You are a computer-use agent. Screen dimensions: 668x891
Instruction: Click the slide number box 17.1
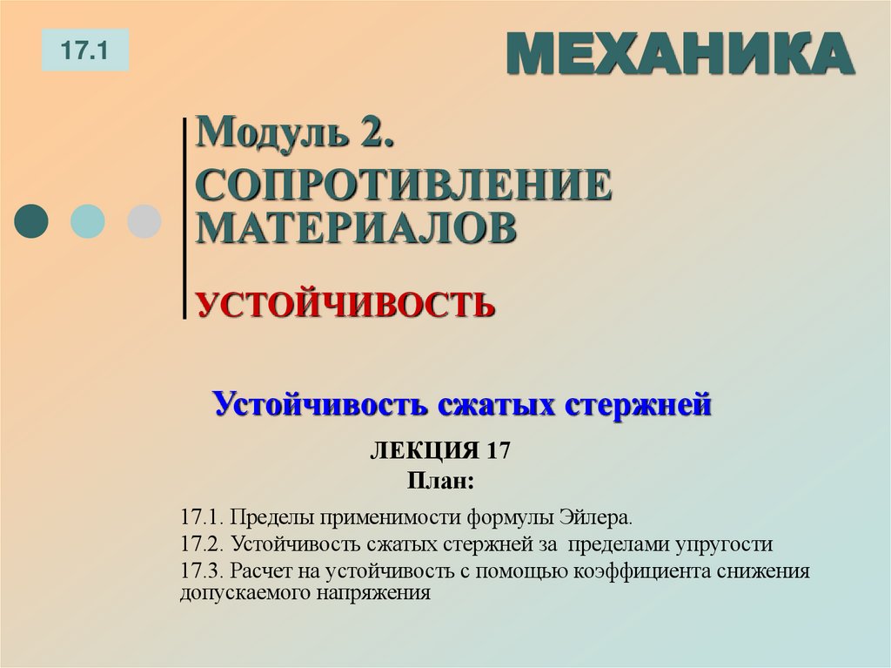point(84,50)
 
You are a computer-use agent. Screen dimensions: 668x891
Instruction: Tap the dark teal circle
point(32,221)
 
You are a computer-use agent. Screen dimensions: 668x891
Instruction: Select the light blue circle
point(87,221)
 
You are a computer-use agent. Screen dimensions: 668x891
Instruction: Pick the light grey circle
point(144,221)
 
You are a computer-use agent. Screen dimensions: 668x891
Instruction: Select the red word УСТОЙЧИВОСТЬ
point(345,305)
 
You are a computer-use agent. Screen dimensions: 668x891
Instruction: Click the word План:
point(440,480)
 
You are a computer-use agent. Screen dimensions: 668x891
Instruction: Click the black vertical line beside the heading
point(184,218)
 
